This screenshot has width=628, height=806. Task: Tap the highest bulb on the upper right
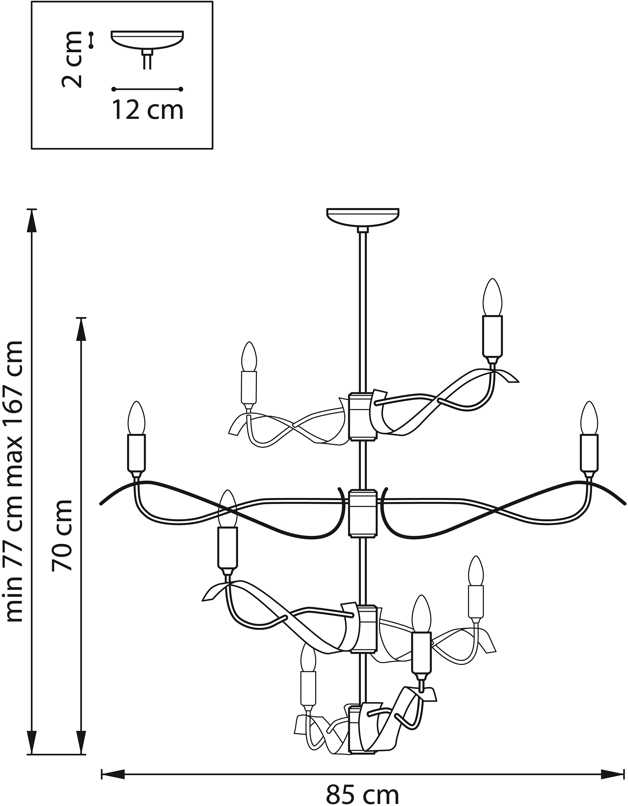point(493,297)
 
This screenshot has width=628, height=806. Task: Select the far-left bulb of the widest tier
point(136,418)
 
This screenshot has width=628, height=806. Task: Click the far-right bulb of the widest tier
point(589,418)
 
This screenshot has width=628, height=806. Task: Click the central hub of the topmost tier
point(363,417)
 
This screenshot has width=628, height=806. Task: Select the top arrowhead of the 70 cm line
point(81,330)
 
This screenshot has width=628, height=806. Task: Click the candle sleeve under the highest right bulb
point(493,336)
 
